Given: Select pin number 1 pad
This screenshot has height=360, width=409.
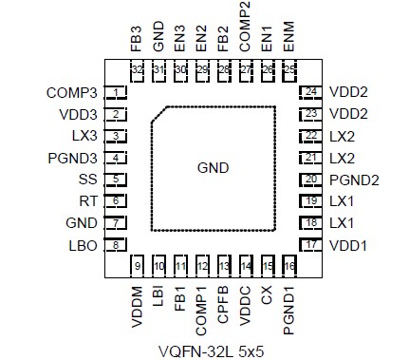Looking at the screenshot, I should click(x=116, y=93).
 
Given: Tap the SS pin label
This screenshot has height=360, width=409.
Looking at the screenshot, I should click(x=85, y=180).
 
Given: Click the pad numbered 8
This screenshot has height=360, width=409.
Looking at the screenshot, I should click(x=116, y=245).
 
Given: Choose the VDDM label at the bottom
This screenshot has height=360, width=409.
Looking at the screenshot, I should click(x=137, y=306).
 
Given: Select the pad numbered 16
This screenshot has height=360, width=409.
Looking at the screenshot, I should click(x=289, y=266).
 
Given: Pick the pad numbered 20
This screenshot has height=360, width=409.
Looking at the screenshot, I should click(x=310, y=180).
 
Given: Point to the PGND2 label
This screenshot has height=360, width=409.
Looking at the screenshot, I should click(x=354, y=180).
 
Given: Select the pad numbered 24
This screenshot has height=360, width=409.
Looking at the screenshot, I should click(x=310, y=92).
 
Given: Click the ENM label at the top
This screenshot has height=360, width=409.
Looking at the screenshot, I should click(x=289, y=38).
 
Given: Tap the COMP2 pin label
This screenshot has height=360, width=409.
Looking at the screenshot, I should click(x=246, y=29).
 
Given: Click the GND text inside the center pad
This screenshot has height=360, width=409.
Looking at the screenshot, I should click(x=214, y=167).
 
